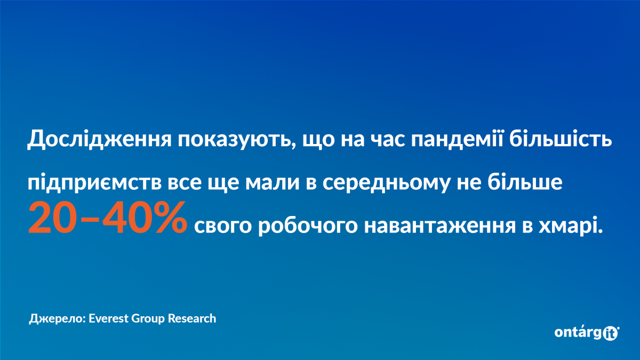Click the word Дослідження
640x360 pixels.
99,139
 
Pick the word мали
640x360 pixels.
273,183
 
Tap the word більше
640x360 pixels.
525,181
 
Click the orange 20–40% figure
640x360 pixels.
107,218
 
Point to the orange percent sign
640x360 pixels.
167,218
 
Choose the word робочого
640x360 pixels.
308,226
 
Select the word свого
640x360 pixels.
223,226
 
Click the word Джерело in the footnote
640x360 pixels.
58,318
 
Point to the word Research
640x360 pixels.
191,318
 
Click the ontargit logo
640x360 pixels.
587,333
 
